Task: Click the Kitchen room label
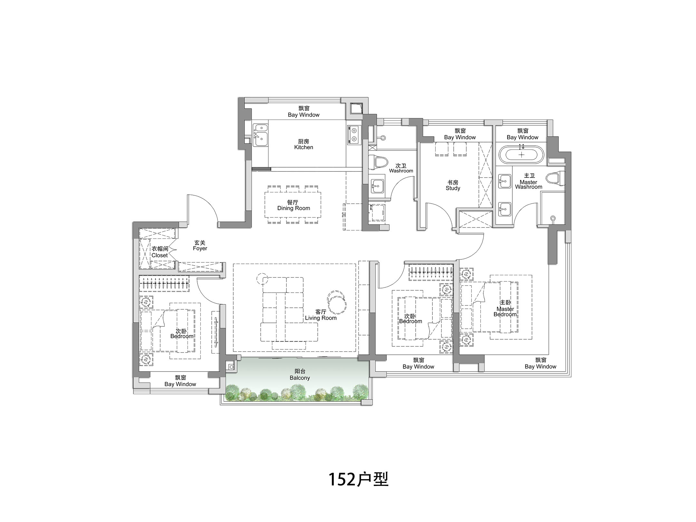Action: pos(304,144)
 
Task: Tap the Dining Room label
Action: pos(294,205)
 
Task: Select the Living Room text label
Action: pos(321,315)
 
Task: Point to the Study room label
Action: pos(453,185)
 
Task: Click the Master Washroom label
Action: pos(528,181)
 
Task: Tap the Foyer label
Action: pos(200,246)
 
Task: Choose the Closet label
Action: pos(160,252)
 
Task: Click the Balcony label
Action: pos(300,375)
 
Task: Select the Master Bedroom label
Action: pos(505,308)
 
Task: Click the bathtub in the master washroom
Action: pos(521,154)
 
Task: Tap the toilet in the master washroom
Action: pos(556,178)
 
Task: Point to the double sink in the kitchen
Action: pos(260,135)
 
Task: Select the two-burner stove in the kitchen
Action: pos(353,135)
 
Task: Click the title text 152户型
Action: pos(358,479)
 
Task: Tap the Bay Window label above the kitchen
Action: pos(304,112)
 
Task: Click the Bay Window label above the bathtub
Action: pos(522,134)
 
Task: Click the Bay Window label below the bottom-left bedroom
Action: pos(180,381)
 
